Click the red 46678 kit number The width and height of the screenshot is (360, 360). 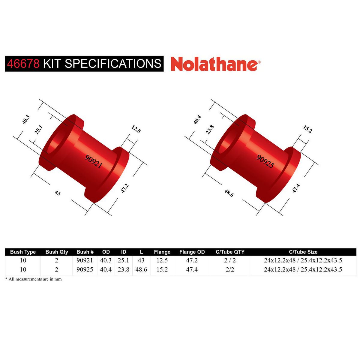click(x=23, y=64)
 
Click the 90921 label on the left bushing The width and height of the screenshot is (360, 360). click(x=94, y=161)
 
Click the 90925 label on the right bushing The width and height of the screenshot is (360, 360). click(x=265, y=161)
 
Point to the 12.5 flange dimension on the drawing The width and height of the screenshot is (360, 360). click(x=136, y=129)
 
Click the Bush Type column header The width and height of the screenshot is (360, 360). click(x=23, y=252)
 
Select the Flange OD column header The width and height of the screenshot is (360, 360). click(x=192, y=252)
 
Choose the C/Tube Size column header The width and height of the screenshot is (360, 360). click(x=303, y=252)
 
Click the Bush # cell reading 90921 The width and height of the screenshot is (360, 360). click(x=85, y=260)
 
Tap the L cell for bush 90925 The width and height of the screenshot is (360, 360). click(x=141, y=269)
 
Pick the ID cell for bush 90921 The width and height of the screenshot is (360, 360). click(x=123, y=260)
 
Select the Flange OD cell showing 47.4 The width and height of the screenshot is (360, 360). click(x=192, y=269)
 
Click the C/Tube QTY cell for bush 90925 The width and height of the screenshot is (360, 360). click(x=230, y=269)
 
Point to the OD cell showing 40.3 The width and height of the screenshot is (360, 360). click(x=106, y=260)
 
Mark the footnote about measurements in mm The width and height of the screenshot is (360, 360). click(x=33, y=279)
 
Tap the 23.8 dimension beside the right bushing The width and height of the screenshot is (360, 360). click(x=210, y=130)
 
